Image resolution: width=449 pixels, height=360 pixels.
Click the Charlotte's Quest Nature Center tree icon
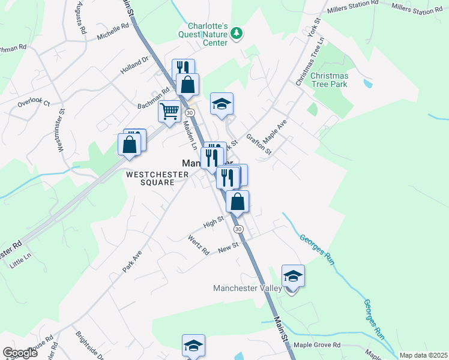click(237, 33)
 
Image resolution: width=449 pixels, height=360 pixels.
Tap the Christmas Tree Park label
click(329, 80)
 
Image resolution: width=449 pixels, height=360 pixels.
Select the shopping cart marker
click(170, 110)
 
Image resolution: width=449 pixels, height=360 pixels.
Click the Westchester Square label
click(157, 179)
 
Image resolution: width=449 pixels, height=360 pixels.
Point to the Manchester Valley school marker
click(293, 277)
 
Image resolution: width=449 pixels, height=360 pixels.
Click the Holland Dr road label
click(134, 65)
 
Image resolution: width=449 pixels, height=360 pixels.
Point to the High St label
click(213, 223)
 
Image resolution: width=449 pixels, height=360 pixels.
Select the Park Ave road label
click(132, 262)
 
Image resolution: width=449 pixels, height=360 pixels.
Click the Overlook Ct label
click(34, 103)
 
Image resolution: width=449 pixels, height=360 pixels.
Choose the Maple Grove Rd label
click(317, 345)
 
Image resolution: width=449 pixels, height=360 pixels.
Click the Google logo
click(20, 353)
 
